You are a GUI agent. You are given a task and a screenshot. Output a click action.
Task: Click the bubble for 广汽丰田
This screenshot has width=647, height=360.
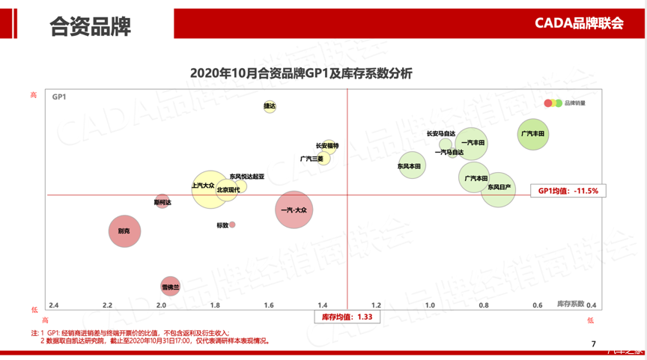(533, 135)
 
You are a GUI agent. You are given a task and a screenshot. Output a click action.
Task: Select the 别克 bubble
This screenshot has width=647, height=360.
(124, 232)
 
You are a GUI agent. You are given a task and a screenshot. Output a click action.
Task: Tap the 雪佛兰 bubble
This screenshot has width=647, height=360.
(171, 287)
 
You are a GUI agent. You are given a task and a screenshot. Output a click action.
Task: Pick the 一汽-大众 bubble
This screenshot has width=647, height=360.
(294, 210)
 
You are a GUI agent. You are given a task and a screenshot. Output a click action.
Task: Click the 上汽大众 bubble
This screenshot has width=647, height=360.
(206, 188)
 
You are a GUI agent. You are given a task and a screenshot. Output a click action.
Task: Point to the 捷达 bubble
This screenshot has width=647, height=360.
(270, 107)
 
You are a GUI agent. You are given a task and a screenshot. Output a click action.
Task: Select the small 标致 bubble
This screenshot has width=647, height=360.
(232, 225)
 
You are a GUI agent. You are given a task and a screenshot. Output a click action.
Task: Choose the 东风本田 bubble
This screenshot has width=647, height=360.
(411, 165)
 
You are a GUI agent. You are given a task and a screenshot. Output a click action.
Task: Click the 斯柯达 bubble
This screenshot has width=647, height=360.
(162, 202)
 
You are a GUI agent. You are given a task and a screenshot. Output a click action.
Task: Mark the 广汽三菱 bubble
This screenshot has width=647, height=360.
(323, 159)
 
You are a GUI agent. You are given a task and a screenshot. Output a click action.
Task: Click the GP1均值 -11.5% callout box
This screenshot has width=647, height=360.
(568, 191)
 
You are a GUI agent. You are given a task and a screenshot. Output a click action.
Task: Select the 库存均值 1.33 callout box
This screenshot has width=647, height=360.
(347, 317)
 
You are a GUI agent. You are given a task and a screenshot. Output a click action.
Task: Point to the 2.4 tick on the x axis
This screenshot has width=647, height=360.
(54, 305)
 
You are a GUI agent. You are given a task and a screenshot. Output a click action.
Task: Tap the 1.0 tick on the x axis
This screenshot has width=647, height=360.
(430, 305)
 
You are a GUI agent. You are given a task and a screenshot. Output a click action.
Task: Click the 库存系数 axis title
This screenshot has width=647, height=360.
(571, 304)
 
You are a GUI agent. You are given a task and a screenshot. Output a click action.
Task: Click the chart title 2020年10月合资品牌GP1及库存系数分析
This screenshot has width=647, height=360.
(301, 74)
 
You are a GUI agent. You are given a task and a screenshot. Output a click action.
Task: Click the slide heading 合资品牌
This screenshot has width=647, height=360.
(90, 27)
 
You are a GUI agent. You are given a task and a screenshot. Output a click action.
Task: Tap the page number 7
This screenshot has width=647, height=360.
(593, 344)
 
